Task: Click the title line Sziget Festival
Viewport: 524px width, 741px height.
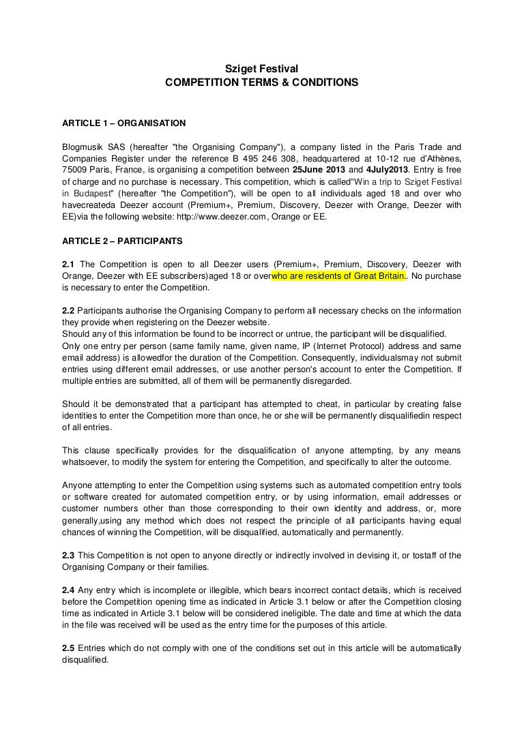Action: point(262,68)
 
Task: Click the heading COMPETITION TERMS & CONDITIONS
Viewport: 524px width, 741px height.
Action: point(262,82)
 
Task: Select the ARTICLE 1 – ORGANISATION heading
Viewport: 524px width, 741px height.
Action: point(123,124)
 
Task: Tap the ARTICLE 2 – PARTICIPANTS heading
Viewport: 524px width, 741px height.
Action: point(121,242)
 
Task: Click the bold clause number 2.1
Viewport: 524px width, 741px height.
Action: point(69,264)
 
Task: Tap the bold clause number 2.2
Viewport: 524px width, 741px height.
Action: point(69,310)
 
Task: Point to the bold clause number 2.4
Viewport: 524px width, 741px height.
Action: point(69,588)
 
